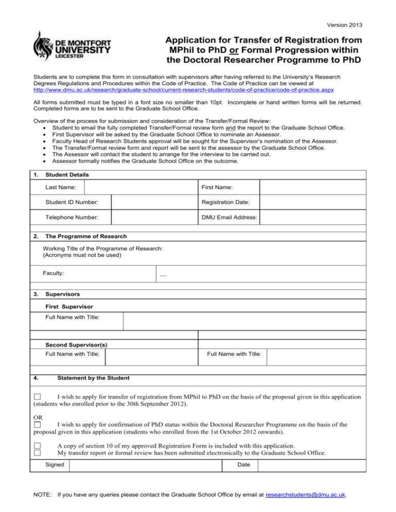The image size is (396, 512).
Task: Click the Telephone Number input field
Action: point(154,217)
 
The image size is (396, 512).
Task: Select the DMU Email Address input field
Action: point(312,217)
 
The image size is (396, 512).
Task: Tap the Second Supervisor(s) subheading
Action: point(76,344)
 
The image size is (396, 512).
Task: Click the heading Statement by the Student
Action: point(93,378)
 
